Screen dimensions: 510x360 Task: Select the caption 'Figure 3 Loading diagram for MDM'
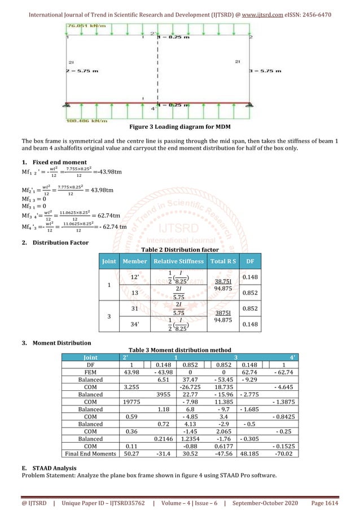[x=180, y=127]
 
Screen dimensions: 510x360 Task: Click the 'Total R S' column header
[x=223, y=261]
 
